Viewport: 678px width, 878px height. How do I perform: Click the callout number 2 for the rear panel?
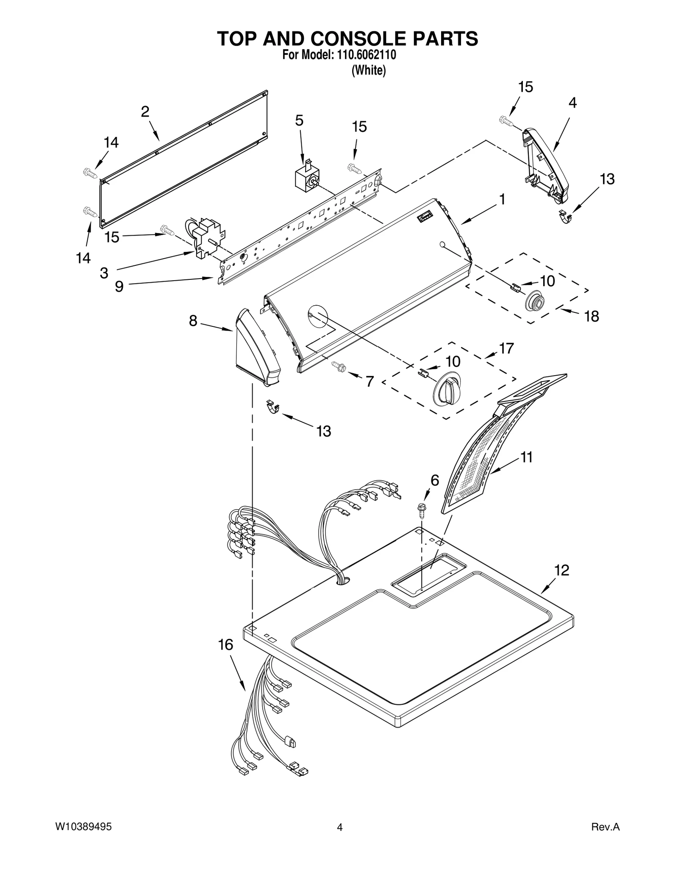[145, 112]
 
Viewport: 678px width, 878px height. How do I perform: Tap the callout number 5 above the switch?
[299, 121]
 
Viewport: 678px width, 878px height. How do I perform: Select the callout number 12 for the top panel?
[562, 570]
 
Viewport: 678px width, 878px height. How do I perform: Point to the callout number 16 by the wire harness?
[225, 645]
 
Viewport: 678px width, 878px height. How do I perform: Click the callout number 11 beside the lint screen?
[526, 457]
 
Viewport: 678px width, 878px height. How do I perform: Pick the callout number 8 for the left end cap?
[193, 321]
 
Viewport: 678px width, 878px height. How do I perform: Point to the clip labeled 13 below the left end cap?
[273, 407]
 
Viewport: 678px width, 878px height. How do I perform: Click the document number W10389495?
[83, 827]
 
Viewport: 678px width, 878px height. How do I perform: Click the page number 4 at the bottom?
[339, 827]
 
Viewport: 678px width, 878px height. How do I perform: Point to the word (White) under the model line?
[369, 70]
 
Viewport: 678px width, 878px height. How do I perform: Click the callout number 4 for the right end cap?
[572, 103]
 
